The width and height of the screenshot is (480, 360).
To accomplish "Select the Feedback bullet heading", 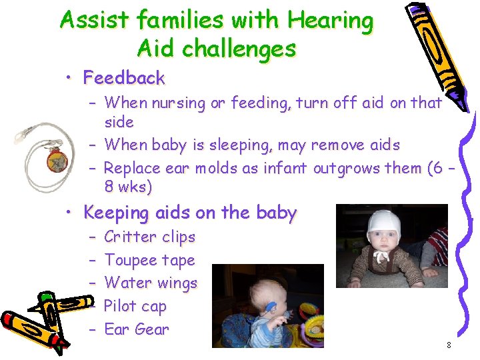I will (x=124, y=78).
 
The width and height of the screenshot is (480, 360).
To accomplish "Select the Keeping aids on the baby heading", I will (x=189, y=213).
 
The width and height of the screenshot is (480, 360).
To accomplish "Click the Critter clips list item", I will (x=150, y=237).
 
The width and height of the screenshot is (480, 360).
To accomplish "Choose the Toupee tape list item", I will (x=150, y=260).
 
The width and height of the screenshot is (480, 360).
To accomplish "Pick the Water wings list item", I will (x=151, y=283).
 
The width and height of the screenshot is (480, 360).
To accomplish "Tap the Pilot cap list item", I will (x=135, y=307).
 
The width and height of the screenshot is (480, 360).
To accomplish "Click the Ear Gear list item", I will (x=137, y=329).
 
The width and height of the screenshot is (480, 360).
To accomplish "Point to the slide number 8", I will (x=449, y=345).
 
